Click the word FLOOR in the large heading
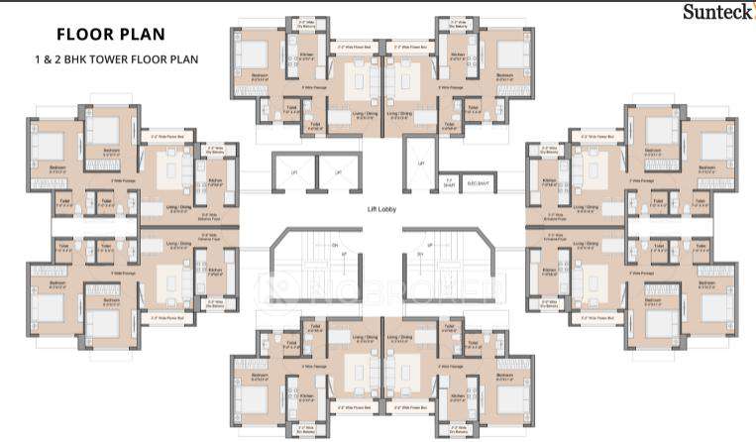click(81, 35)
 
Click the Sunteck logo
click(715, 11)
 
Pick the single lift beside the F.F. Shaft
click(420, 165)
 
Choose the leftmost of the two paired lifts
click(294, 172)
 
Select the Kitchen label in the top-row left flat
click(306, 55)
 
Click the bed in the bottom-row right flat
click(506, 377)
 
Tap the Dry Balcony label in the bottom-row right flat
click(458, 429)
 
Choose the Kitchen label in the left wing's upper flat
click(215, 180)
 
